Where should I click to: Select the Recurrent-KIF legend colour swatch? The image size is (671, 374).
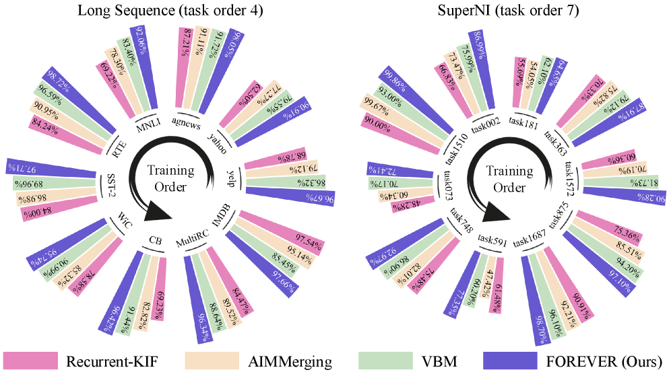tap(30, 361)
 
